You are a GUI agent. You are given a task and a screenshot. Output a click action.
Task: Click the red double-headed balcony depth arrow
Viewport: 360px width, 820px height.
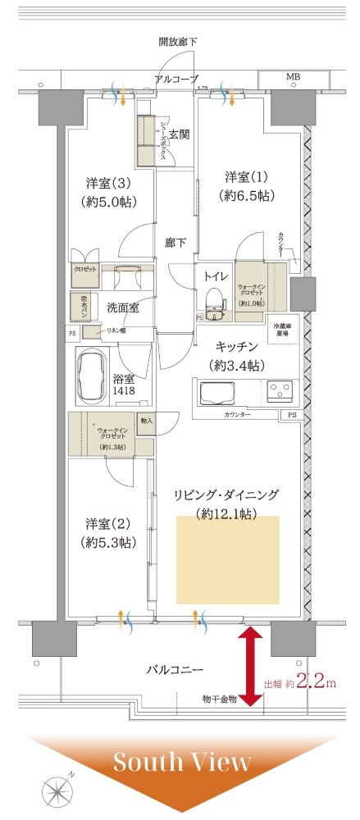[251, 667]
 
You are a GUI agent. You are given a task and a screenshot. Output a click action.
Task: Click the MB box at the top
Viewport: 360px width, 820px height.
[293, 77]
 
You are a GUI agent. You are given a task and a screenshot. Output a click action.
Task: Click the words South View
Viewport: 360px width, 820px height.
[181, 762]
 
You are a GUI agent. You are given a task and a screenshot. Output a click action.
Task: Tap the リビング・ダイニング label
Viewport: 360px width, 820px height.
[226, 494]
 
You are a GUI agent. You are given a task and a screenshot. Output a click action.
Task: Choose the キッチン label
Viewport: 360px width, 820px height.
[239, 348]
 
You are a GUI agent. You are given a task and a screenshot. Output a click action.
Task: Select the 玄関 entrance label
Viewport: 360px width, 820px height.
[180, 134]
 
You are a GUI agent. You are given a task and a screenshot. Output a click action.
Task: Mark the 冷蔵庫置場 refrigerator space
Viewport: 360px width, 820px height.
[285, 329]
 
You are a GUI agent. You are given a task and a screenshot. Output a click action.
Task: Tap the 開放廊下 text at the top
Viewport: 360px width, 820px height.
[180, 40]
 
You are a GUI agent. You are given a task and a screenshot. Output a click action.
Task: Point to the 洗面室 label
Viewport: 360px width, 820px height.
[122, 307]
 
